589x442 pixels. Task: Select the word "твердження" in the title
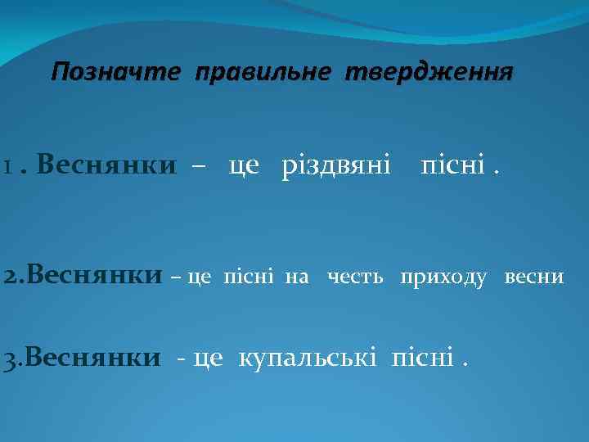point(429,72)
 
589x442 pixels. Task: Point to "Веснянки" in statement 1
point(106,166)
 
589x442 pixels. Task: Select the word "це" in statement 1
point(244,167)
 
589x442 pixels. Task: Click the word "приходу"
point(443,277)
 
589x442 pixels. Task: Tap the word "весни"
point(534,277)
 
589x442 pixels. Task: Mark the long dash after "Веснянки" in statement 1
point(198,168)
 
